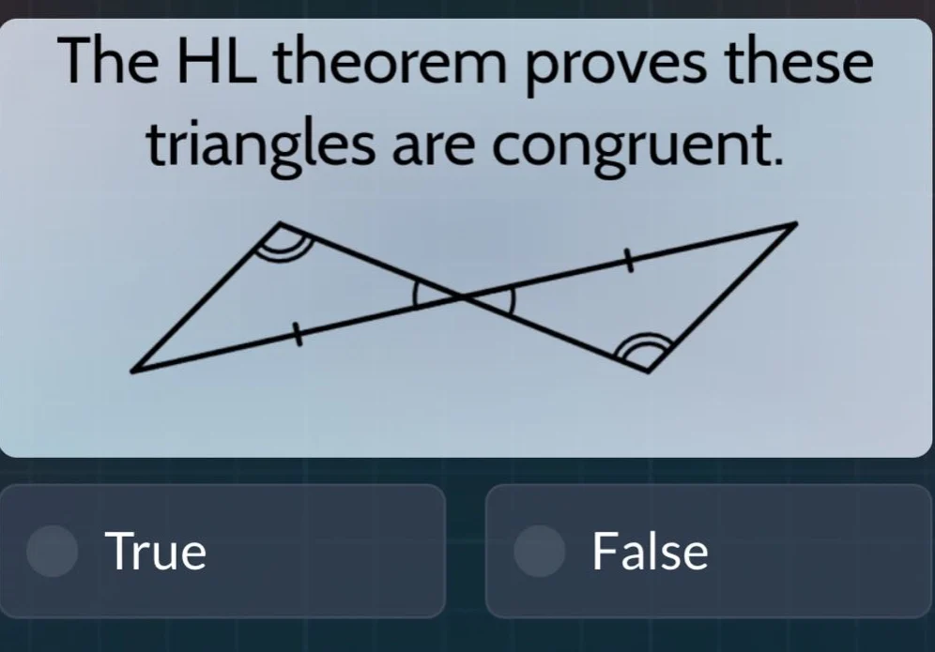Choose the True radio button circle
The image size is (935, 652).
(x=52, y=551)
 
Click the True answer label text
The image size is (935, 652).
(x=156, y=551)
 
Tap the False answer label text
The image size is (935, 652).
(x=651, y=551)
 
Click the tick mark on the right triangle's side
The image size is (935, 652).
(x=630, y=264)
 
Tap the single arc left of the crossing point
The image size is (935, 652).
(x=420, y=298)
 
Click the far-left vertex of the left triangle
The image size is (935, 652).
(x=132, y=370)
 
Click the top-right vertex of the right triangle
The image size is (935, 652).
(x=796, y=225)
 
